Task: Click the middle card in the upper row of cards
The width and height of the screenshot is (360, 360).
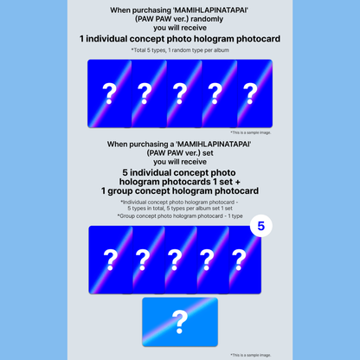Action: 180,94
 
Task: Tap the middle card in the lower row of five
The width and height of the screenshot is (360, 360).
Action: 180,260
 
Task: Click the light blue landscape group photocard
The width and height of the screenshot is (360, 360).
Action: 180,324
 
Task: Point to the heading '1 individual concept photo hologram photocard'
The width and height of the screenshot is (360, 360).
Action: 180,40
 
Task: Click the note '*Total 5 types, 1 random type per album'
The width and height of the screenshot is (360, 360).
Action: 180,51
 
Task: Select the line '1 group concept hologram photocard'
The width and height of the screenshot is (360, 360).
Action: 180,190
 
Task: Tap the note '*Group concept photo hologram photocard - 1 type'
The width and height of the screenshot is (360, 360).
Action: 180,216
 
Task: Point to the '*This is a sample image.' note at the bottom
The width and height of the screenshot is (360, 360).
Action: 252,354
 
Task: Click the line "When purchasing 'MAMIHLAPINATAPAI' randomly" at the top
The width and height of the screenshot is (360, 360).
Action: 180,10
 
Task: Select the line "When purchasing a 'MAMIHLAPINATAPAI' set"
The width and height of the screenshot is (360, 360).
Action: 180,144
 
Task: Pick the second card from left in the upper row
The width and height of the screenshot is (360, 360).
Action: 144,94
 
